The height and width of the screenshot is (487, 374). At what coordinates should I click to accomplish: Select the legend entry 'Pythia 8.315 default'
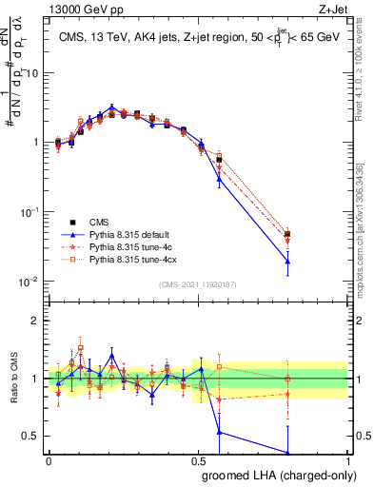134,231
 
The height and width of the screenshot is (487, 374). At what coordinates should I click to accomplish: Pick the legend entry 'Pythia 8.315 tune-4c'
134,245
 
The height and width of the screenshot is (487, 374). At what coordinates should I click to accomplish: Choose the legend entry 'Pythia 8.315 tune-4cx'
136,260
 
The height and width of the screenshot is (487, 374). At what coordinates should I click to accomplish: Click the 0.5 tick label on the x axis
198,460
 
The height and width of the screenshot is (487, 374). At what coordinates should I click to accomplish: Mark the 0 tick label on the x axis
49,460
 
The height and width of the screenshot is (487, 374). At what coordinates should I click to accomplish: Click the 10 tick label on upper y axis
33,72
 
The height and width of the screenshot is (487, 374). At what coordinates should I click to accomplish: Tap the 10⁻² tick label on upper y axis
31,282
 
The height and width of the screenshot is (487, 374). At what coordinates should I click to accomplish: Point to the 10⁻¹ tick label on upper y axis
31,212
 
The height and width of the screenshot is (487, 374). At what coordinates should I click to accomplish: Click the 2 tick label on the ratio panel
37,321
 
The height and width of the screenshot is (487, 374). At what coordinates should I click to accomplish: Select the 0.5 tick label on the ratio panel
33,437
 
